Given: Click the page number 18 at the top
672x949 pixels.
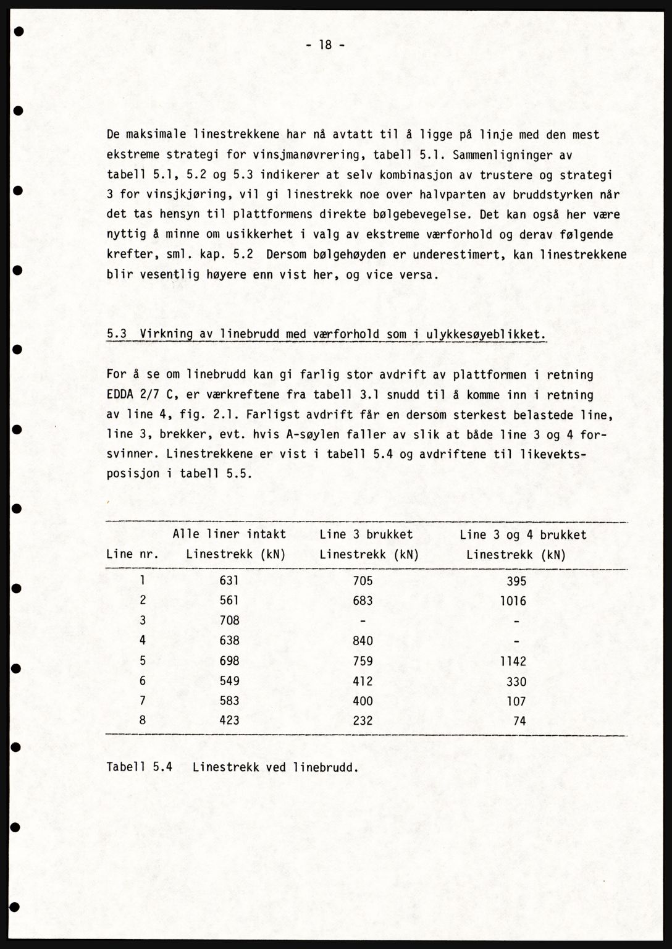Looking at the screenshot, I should click(325, 44).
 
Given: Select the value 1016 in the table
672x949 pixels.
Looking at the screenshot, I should click(513, 601).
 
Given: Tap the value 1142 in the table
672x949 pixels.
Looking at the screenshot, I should click(513, 661).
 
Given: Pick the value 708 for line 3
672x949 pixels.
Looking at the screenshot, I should click(229, 620).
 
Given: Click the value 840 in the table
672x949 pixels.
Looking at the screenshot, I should click(363, 641).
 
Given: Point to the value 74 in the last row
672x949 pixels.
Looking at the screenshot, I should click(519, 721).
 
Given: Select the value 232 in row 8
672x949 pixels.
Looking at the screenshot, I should click(363, 720).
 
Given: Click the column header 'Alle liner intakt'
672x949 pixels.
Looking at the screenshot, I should click(229, 534).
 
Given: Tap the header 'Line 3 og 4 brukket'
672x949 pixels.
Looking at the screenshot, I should click(523, 534).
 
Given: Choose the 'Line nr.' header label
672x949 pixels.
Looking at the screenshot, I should click(132, 554).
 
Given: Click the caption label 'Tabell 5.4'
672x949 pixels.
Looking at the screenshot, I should click(139, 767).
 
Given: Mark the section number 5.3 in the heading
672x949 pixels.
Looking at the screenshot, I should click(117, 334).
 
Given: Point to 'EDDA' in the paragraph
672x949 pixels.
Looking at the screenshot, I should click(120, 395).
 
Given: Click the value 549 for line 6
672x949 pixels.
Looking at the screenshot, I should click(229, 681).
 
